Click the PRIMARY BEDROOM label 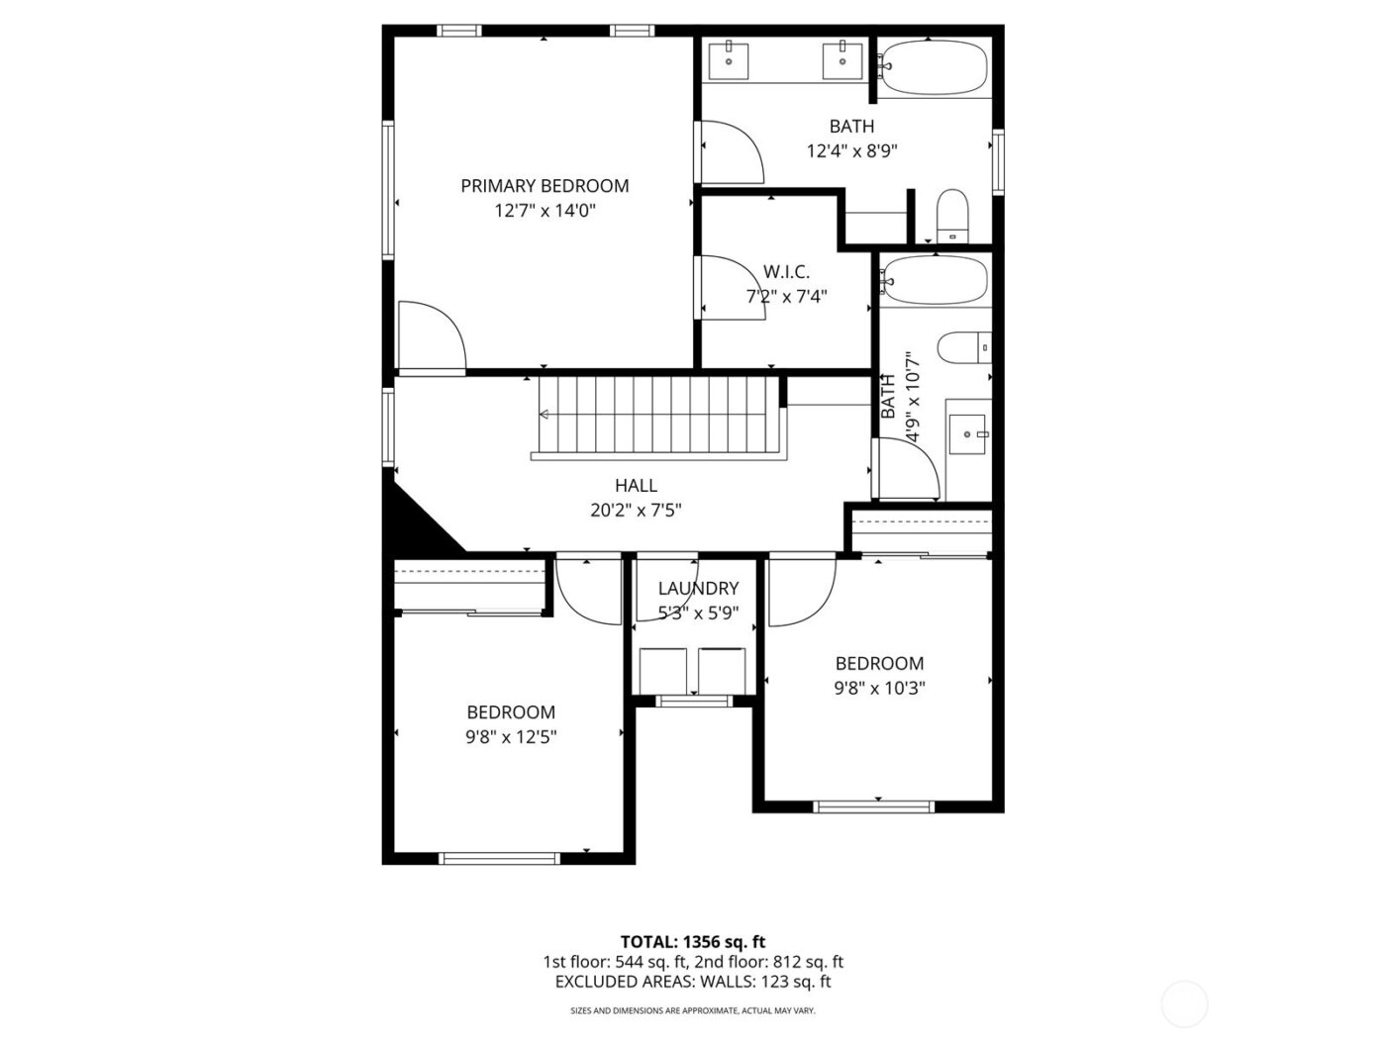[544, 186]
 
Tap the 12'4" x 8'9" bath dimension [851, 151]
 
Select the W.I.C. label [786, 272]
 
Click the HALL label [636, 486]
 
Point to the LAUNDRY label [698, 589]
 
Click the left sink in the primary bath [729, 59]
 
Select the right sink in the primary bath [842, 59]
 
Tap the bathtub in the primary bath [933, 67]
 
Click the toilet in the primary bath [951, 215]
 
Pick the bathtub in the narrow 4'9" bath [933, 280]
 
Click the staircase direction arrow [544, 415]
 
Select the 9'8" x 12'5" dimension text [511, 737]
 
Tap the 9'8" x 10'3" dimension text [879, 689]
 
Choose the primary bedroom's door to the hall [431, 336]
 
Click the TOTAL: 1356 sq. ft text [692, 942]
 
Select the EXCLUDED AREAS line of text [692, 982]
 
